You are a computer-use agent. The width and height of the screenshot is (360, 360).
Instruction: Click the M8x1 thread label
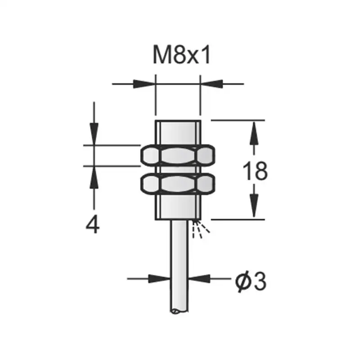click(182, 56)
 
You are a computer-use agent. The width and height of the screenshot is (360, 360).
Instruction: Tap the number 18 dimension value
click(255, 171)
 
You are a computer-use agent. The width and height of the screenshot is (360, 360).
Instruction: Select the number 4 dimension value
click(93, 224)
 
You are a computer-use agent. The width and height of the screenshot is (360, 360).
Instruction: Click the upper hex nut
click(177, 156)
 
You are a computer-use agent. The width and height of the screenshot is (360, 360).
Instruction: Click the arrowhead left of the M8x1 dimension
click(145, 84)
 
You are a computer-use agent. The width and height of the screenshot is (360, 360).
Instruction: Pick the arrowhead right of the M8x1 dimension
click(211, 84)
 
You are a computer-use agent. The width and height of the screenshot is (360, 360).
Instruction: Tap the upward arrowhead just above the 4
click(94, 176)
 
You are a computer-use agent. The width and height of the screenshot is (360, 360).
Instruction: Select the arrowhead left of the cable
click(160, 279)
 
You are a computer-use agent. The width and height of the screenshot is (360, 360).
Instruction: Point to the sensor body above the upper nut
click(177, 132)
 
